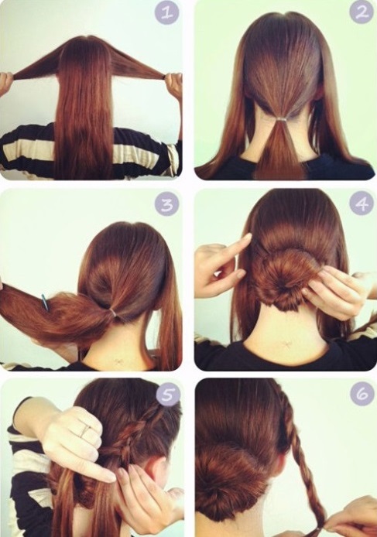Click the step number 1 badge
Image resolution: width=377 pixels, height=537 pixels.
(x=166, y=13)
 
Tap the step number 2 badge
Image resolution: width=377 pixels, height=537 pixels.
(x=362, y=12)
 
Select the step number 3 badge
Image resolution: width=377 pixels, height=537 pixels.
(x=166, y=204)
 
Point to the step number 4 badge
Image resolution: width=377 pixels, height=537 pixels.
(x=362, y=204)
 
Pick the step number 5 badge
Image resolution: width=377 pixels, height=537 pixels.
(x=167, y=395)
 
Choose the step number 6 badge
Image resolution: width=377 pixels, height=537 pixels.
(x=362, y=394)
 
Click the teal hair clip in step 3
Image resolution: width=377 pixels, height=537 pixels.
(x=46, y=302)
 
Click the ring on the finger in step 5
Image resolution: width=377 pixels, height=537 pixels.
(x=86, y=430)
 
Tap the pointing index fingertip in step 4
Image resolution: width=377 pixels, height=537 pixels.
(x=248, y=237)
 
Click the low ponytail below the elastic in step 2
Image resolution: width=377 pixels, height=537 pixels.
(x=280, y=149)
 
